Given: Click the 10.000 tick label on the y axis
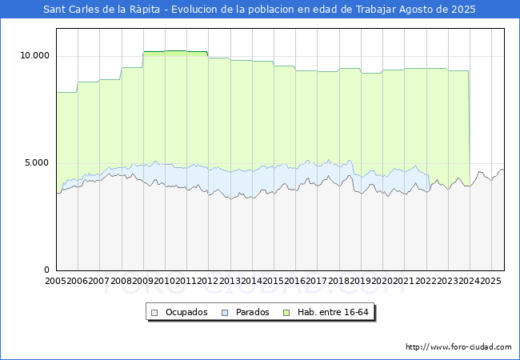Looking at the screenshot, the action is pos(35,55).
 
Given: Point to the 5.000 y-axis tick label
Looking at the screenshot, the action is pos(37,162).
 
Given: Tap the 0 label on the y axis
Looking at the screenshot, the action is pos(46,270).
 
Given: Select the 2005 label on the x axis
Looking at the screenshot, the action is pos(56,281).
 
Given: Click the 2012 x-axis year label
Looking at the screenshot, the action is pos(208,281).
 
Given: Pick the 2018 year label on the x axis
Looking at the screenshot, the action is pos(338,281).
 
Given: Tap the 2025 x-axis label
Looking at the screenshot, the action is pos(491,281).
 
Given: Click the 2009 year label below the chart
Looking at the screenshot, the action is pos(143,281).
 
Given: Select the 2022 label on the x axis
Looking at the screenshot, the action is pos(426,281).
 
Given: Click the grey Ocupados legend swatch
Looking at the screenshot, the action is pos(154,313).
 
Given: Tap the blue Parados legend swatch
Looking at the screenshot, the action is pos(225,313).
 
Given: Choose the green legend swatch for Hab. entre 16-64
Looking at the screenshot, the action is pos(286,313).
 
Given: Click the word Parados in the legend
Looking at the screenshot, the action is pos(252,312).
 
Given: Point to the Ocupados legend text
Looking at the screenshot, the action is pos(186,312).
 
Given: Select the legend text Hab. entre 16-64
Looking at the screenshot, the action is pos(333,312).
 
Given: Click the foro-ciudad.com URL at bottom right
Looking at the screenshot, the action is pos(458,347).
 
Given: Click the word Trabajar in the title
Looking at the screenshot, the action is pos(376,10).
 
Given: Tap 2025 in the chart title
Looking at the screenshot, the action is pos(463,10).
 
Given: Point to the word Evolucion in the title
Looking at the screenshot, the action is pos(194,10).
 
